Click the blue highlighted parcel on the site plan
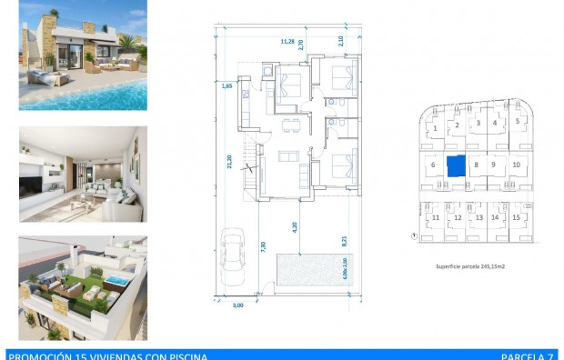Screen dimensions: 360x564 click(x=455, y=165)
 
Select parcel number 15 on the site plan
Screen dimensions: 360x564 click(x=516, y=218)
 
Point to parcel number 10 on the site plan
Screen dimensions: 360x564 click(x=516, y=165)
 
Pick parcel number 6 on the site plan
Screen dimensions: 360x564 click(x=434, y=165)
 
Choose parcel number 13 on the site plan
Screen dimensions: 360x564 click(x=478, y=218)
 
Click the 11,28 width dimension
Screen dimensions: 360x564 click(x=287, y=41)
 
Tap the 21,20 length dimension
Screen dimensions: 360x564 click(x=229, y=160)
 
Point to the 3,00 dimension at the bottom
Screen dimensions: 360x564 click(x=238, y=305)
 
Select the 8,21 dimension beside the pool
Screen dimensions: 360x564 click(x=344, y=241)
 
